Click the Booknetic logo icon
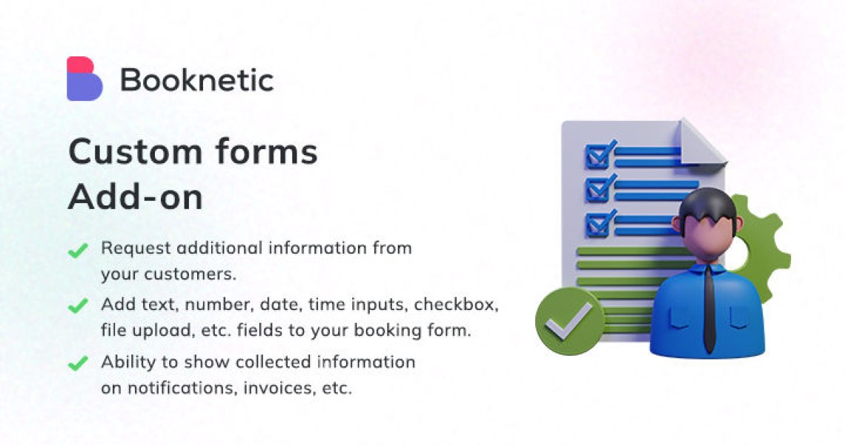84,79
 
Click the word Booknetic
196,79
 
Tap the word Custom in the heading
134,153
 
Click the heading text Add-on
135,197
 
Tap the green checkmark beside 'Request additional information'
78,251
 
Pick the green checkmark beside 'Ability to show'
78,363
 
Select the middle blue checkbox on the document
597,189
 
